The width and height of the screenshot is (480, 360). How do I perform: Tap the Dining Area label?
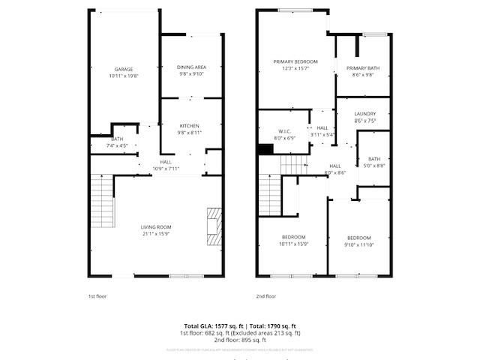click(x=191, y=70)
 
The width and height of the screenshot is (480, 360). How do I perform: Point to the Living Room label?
click(x=157, y=229)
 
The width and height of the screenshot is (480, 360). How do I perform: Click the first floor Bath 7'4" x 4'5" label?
click(x=118, y=142)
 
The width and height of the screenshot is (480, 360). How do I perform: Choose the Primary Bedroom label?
click(x=295, y=64)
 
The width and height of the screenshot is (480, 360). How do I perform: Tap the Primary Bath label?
click(x=363, y=71)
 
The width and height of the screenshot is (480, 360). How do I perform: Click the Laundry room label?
click(x=365, y=117)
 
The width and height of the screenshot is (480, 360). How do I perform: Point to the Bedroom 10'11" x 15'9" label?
click(x=293, y=240)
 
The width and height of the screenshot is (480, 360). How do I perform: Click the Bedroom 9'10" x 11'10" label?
click(x=358, y=240)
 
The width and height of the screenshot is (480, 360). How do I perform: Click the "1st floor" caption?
click(x=97, y=296)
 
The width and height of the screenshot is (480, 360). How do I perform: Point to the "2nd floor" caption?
click(x=265, y=296)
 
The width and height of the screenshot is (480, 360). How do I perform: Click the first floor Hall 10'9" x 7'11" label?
click(x=166, y=164)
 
